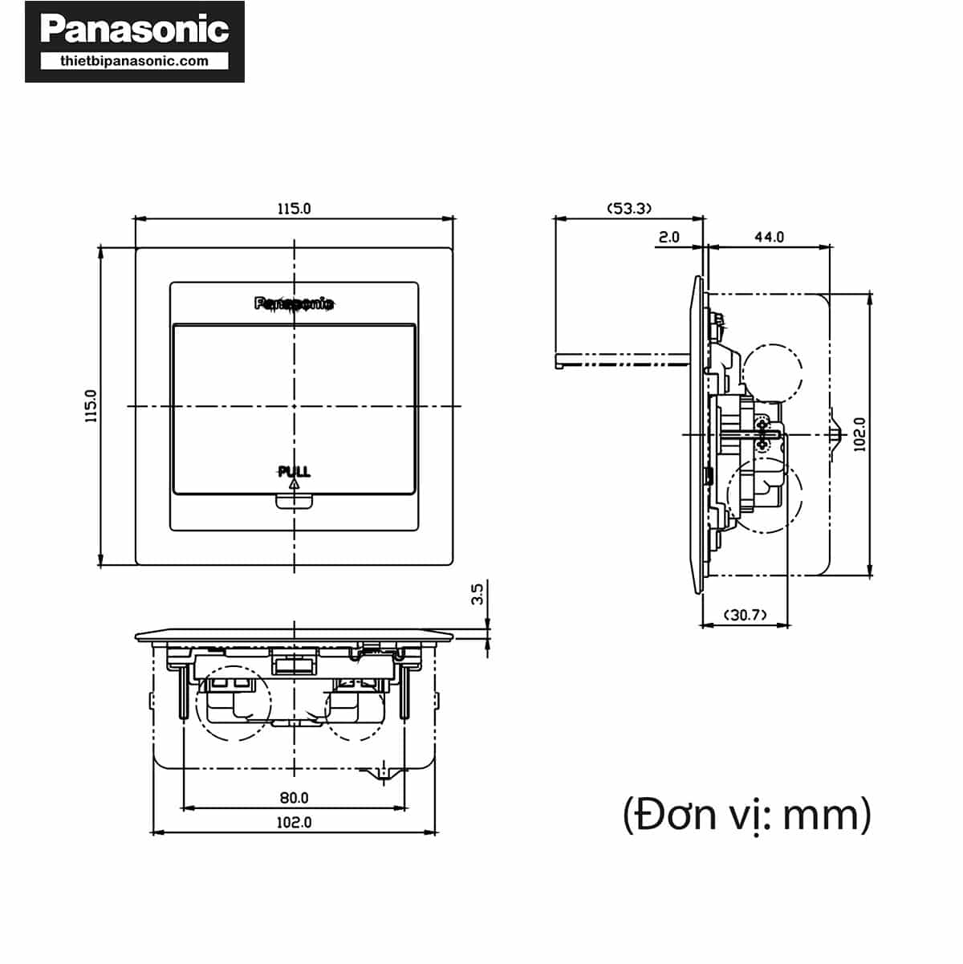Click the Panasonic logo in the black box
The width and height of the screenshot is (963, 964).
pos(134,30)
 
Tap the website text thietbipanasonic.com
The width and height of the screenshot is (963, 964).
pos(134,61)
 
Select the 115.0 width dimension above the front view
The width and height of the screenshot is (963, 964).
pos(294,209)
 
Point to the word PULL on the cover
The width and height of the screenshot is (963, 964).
pos(294,471)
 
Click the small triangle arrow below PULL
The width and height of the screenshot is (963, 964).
pos(294,484)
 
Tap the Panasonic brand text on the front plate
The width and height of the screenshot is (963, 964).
pos(294,303)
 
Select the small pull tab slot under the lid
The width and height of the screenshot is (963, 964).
pos(294,502)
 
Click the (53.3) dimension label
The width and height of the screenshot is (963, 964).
pos(628,209)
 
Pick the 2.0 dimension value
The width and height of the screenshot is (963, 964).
pos(668,238)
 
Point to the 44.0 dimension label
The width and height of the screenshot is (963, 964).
pos(768,238)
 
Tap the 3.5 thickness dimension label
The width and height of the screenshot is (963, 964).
pos(477,594)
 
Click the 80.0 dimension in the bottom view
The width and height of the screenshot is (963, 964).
pos(294,798)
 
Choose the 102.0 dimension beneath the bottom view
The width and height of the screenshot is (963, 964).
pos(294,823)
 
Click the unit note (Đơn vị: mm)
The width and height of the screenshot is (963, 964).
pos(746,814)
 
